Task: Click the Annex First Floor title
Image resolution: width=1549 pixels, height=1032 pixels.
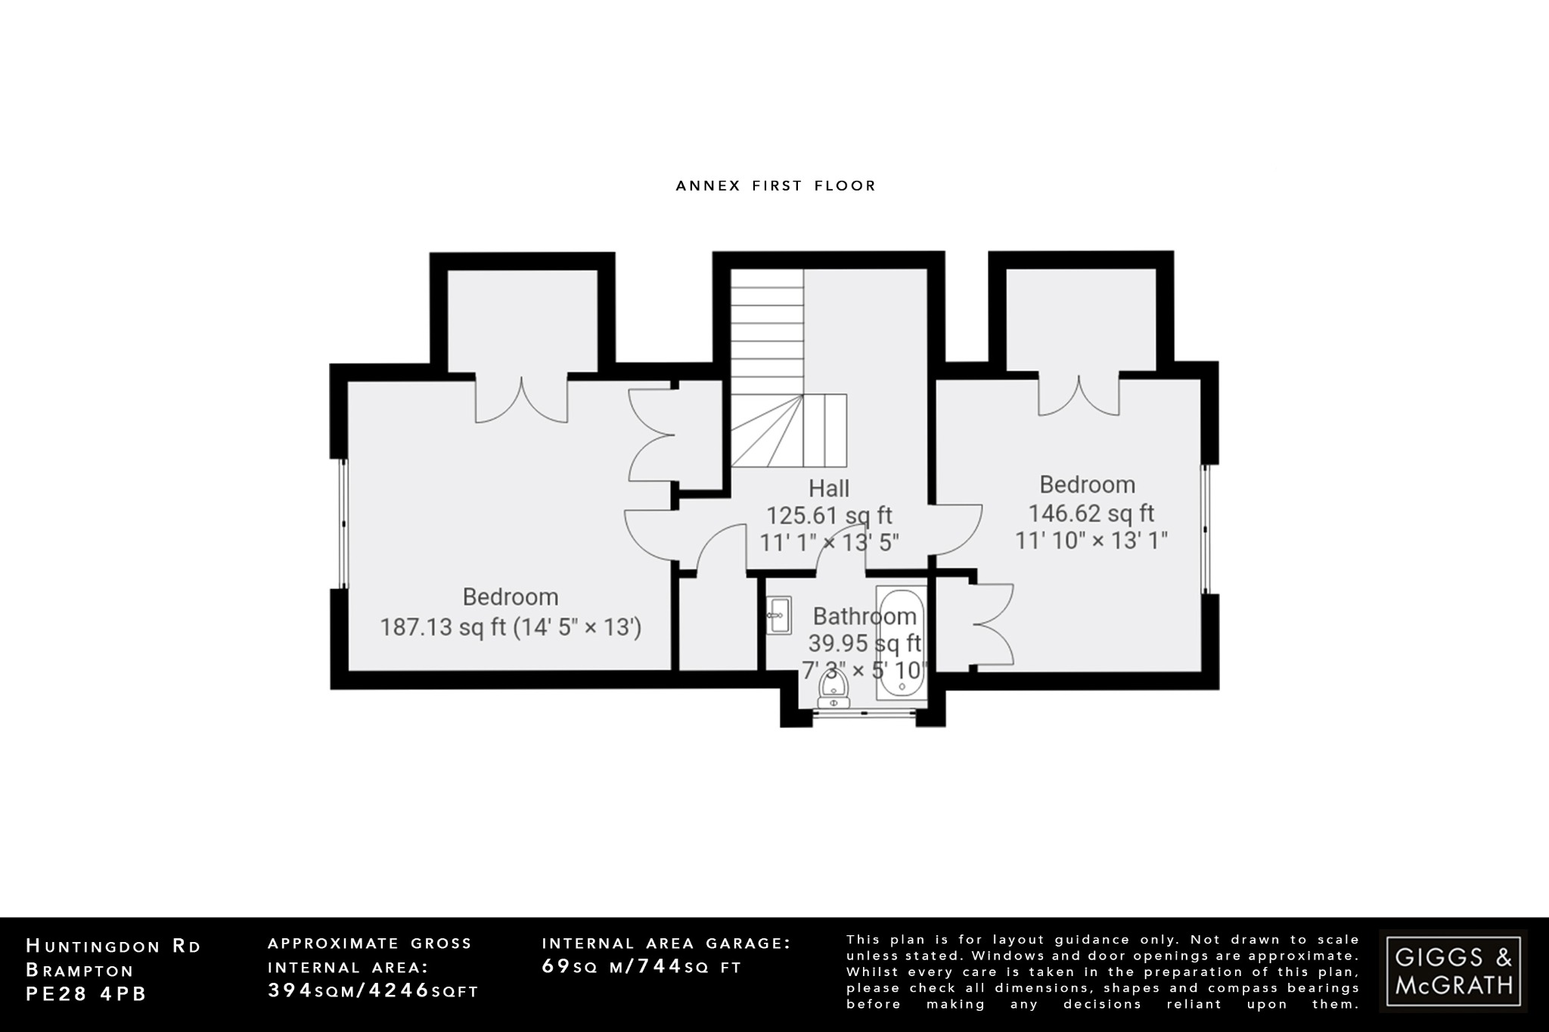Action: pos(775,186)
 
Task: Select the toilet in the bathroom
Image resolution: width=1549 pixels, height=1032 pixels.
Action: pos(833,689)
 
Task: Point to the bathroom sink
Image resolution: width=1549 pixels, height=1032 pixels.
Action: pos(778,615)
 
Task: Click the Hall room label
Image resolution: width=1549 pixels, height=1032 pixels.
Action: pos(829,488)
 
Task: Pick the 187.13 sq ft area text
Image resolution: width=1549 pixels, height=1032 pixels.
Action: pos(442,628)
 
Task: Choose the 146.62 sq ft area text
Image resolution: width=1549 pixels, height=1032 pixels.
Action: pos(1091,513)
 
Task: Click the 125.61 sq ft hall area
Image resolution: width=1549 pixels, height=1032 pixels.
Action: pos(829,516)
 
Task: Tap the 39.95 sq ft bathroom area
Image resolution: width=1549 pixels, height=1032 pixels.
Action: pos(864,643)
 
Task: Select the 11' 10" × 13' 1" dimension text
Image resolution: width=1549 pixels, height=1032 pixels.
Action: pos(1091,541)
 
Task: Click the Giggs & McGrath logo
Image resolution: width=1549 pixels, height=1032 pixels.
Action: pos(1453,971)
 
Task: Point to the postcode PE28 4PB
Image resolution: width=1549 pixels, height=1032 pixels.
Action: pos(86,994)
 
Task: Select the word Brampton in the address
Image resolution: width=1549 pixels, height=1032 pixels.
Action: pos(79,970)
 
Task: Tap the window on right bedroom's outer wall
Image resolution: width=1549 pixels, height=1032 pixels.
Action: pos(1207,529)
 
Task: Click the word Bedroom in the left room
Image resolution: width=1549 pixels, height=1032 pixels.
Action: pos(511,597)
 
